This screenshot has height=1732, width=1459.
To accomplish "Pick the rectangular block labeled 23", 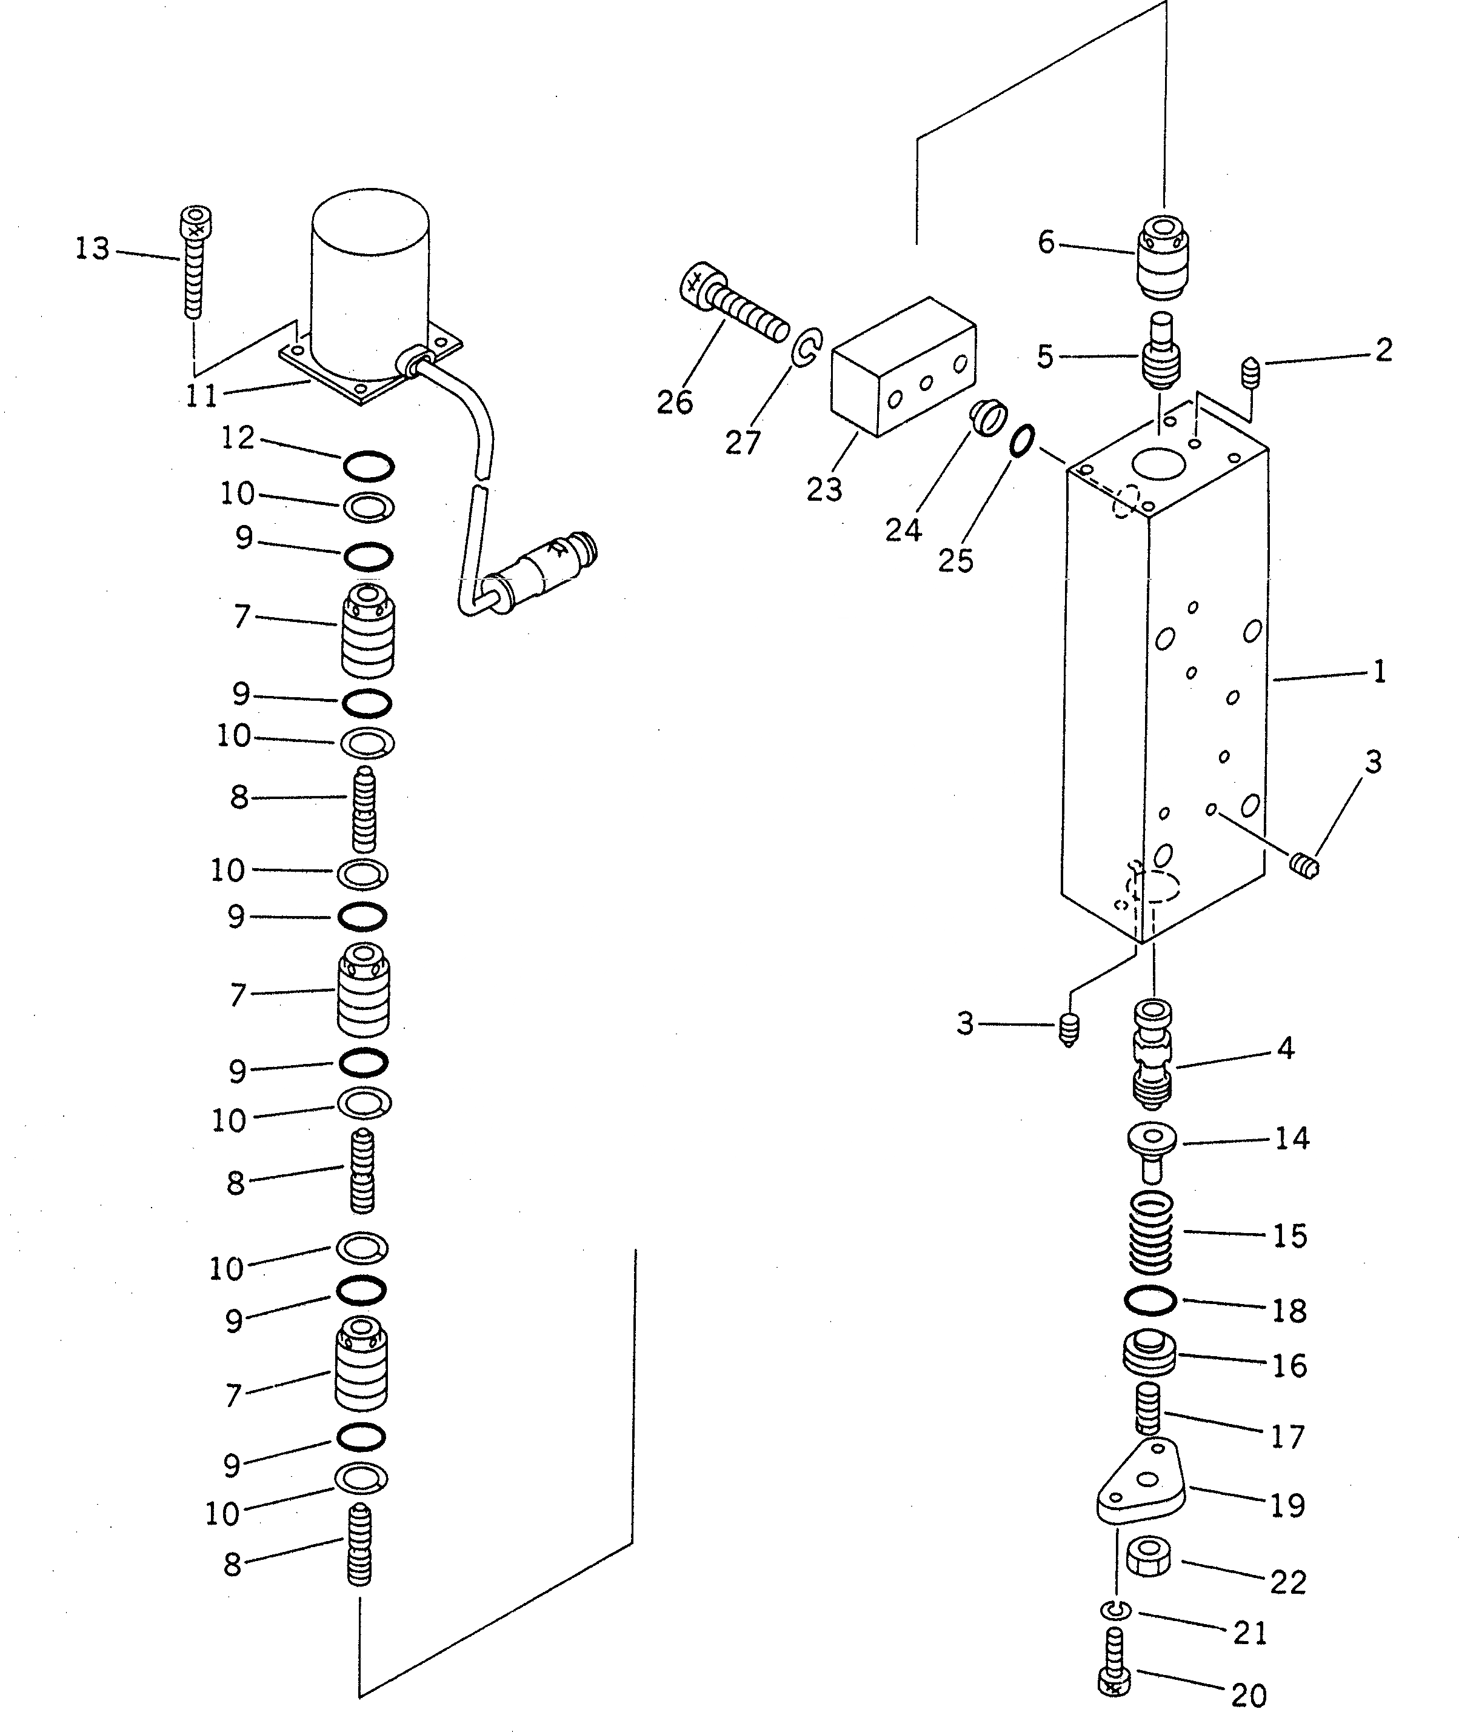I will [904, 366].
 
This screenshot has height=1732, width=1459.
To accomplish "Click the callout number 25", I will [955, 561].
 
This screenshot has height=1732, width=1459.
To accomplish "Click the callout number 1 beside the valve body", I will [1379, 672].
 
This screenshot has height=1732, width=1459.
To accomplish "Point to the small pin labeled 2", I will [1250, 370].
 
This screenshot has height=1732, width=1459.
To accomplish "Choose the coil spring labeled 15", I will [1150, 1232].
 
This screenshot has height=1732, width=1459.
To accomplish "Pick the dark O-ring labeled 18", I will [1150, 1301].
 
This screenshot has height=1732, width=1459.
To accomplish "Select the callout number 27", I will [742, 443].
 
